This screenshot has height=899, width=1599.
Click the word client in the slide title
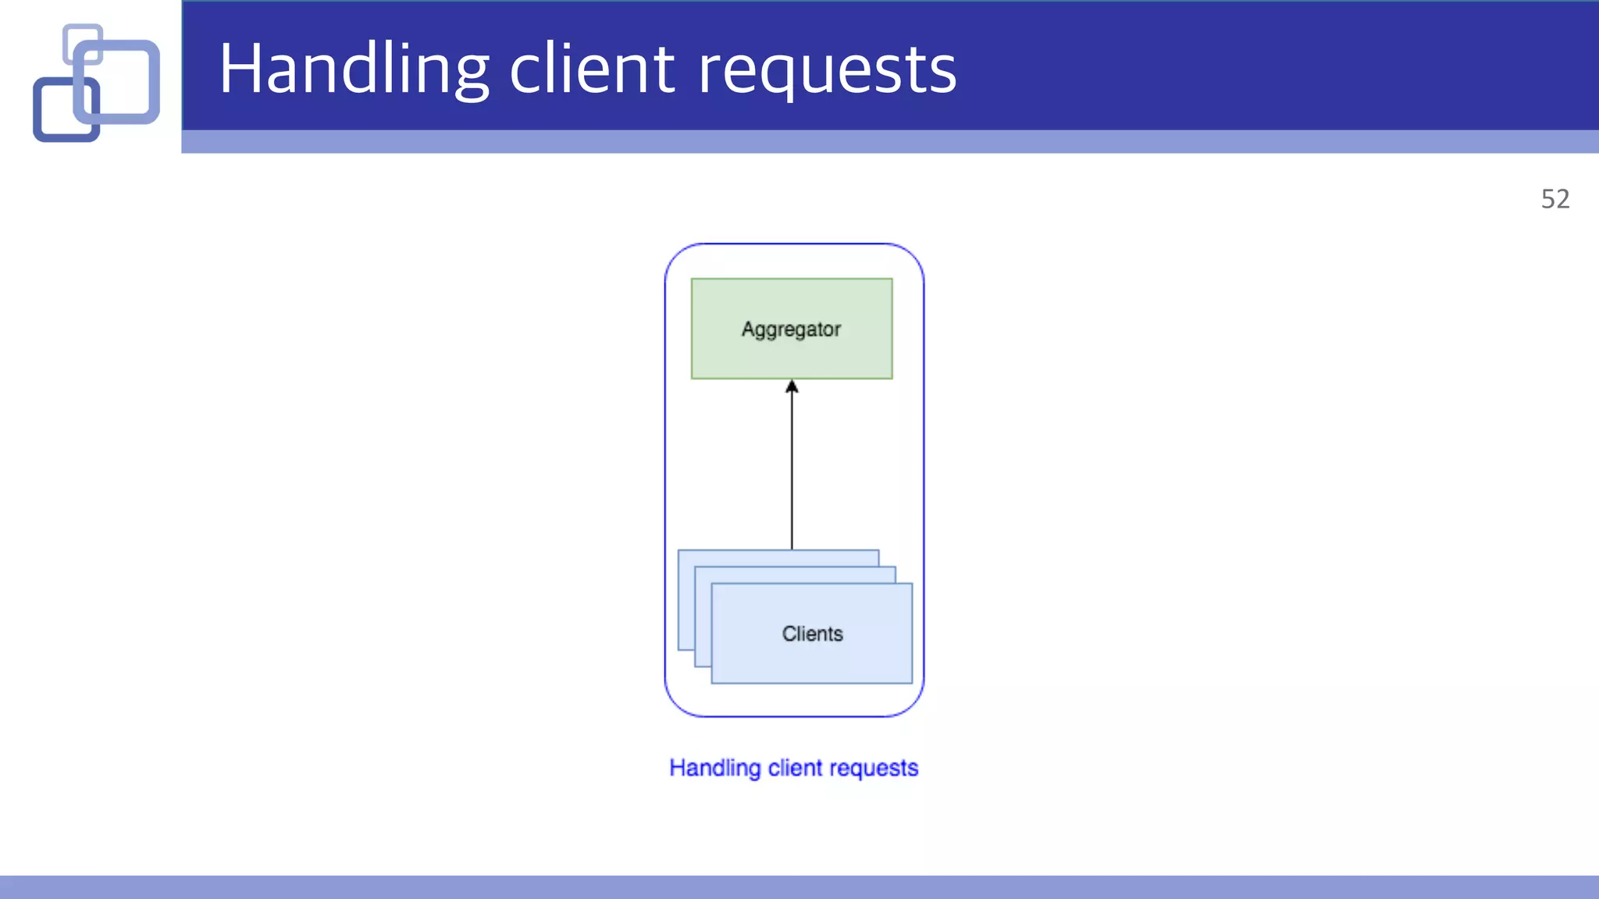592,69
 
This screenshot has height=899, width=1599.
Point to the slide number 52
1554,199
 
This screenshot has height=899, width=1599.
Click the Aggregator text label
791,329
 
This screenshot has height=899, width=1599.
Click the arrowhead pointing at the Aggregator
792,386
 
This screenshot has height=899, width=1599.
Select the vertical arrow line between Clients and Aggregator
792,468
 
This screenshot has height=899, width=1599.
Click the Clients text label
812,634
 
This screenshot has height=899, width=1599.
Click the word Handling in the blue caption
714,769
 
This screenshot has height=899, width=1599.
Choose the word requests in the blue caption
874,769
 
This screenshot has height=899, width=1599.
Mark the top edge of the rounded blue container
794,244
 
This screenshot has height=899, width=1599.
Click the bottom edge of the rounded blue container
794,716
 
